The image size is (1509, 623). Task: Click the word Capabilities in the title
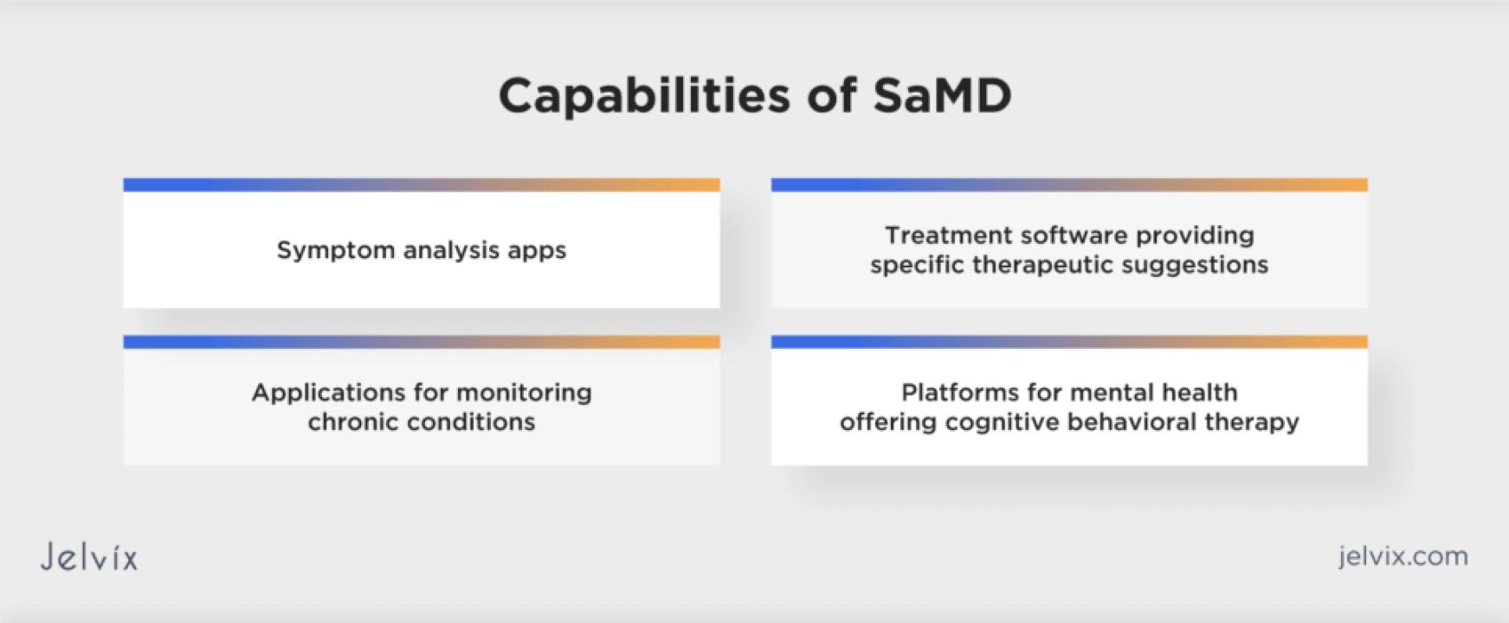click(644, 97)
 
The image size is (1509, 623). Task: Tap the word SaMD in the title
click(942, 95)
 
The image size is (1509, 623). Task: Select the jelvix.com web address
click(1403, 556)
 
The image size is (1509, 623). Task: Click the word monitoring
click(524, 393)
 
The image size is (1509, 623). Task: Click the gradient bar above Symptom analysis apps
click(422, 185)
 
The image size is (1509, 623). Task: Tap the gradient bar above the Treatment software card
click(1069, 185)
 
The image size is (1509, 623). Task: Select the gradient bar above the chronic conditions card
click(422, 343)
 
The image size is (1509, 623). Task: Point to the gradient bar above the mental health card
click(1069, 343)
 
